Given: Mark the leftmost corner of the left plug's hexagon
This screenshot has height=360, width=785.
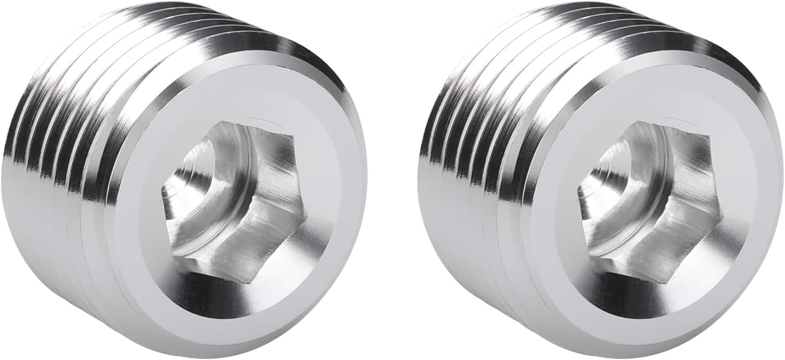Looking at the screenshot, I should click(162, 190).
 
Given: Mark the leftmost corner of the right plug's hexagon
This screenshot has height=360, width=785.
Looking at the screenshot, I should click(578, 190).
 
